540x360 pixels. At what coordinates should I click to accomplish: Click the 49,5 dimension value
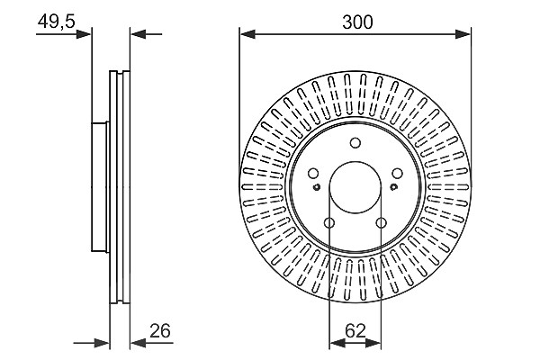tap(56, 22)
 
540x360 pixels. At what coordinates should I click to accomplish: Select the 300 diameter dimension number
tap(357, 22)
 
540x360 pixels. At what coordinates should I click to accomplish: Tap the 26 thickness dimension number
tap(160, 331)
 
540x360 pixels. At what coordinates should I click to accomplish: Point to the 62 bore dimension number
tap(355, 331)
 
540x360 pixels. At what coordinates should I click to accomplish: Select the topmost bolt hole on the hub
tap(355, 142)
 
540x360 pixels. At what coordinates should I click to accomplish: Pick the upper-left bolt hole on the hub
tap(313, 174)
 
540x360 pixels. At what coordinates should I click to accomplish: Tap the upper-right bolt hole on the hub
tap(398, 174)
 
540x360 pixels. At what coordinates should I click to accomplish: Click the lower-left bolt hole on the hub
tap(329, 223)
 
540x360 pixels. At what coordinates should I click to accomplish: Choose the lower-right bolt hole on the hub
tap(381, 223)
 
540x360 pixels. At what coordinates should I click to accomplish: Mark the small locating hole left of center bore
tap(317, 187)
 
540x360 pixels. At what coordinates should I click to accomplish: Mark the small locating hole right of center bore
tap(393, 187)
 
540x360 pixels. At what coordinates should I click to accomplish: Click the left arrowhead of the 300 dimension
tap(247, 34)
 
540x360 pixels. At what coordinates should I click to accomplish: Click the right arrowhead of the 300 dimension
tap(463, 34)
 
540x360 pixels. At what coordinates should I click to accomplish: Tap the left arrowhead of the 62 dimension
tap(337, 343)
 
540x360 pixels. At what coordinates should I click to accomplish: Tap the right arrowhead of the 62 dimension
tap(373, 343)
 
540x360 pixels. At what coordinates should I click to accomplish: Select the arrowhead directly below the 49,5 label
tap(84, 34)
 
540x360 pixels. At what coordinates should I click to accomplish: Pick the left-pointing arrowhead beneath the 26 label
tap(139, 343)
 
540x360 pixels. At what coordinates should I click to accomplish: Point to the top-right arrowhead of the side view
tap(139, 34)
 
